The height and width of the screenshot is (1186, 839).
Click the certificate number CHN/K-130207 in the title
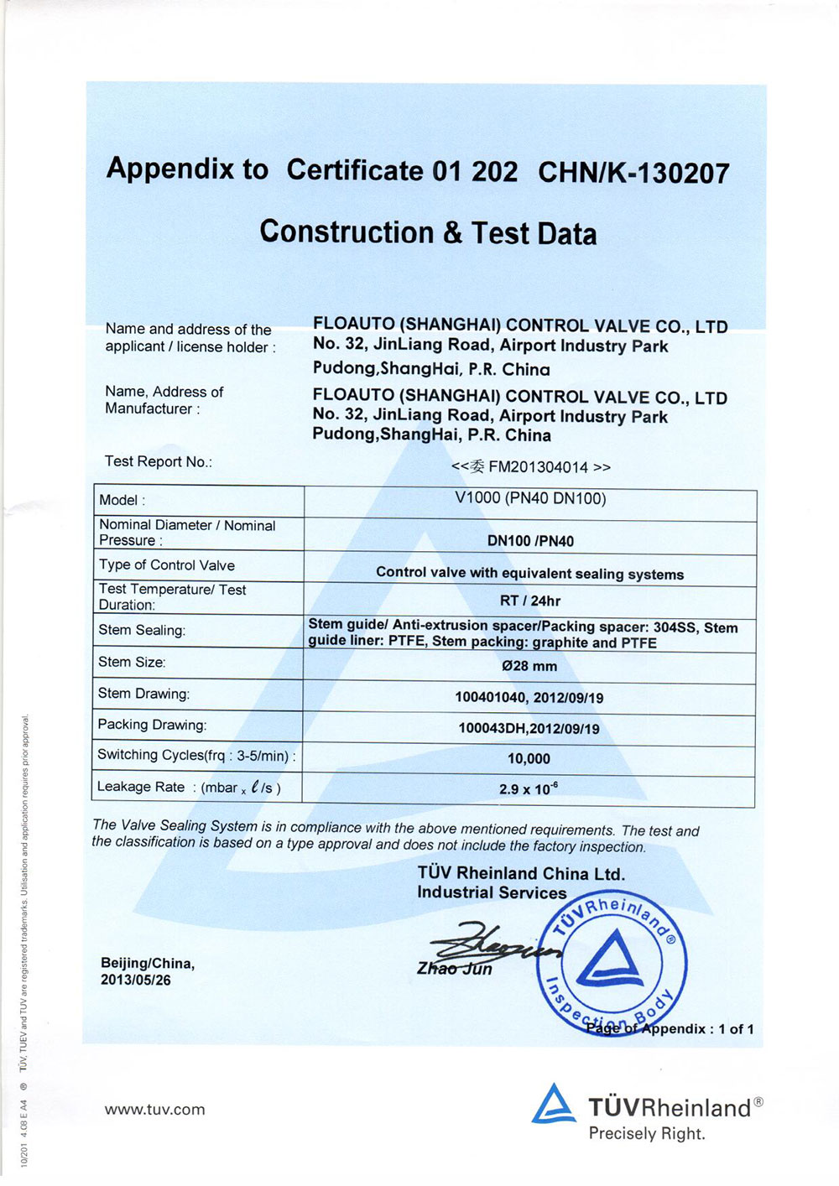click(633, 173)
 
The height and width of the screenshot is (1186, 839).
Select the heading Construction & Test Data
click(428, 232)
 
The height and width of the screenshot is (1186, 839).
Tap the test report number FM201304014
click(538, 467)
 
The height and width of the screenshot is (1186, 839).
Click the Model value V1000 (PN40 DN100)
click(530, 498)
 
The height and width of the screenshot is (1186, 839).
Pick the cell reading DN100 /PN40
click(530, 541)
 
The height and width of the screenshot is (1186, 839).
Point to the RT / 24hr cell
click(530, 601)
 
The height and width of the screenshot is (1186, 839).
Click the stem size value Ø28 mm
click(529, 666)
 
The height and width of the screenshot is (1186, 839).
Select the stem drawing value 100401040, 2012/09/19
click(529, 697)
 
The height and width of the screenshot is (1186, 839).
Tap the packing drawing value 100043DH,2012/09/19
click(529, 728)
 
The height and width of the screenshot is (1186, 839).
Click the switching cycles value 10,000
click(529, 759)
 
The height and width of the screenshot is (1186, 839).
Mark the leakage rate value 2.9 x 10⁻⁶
click(529, 789)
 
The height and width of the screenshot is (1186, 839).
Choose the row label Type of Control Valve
click(167, 565)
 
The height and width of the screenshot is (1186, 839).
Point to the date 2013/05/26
click(136, 980)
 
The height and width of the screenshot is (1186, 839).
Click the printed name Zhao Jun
click(455, 969)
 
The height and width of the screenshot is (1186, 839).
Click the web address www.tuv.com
click(155, 1110)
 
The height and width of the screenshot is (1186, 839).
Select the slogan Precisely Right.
click(647, 1134)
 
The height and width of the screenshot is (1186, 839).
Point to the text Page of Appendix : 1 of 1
click(670, 1029)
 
